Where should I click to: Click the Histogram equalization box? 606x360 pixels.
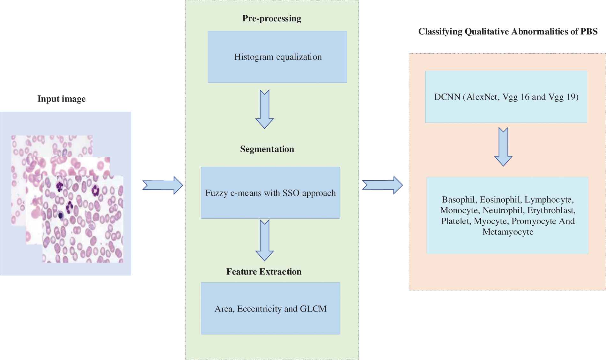[x=277, y=57]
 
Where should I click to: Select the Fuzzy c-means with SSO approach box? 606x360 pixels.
[x=270, y=193]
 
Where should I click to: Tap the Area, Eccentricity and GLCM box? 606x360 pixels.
[x=270, y=308]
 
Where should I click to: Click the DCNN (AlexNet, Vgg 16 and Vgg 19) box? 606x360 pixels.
[x=506, y=97]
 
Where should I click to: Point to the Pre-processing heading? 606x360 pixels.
[x=271, y=19]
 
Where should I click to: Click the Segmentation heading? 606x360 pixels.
[x=267, y=149]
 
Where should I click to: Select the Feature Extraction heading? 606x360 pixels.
[x=264, y=272]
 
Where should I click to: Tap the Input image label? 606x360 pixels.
[x=62, y=99]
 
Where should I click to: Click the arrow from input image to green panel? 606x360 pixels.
[x=163, y=185]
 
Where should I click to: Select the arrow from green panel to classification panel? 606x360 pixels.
[x=382, y=185]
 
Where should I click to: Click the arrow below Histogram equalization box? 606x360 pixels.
[x=264, y=109]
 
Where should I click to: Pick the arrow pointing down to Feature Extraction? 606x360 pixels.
[x=264, y=240]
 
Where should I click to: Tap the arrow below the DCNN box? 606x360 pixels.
[x=503, y=146]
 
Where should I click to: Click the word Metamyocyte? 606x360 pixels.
[x=508, y=232]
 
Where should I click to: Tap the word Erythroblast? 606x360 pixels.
[x=551, y=210]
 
